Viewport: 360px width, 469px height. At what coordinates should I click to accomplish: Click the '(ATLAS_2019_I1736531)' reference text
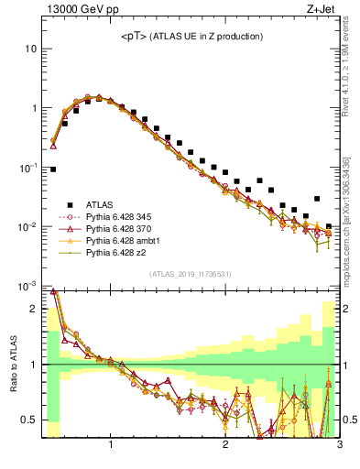click(191, 275)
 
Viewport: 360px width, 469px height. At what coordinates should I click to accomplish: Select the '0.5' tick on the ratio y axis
click(30, 420)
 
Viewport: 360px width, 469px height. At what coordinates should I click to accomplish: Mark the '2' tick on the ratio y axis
click(35, 309)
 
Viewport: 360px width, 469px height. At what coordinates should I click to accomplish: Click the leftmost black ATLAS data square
click(53, 169)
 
